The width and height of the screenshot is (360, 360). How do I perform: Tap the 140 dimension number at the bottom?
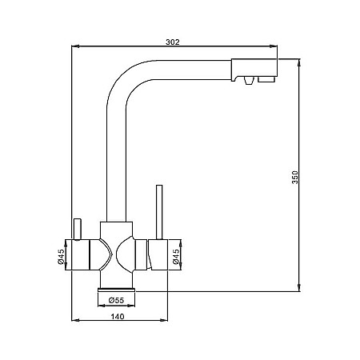(x=118, y=316)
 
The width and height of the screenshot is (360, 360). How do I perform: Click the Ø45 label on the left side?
(x=62, y=257)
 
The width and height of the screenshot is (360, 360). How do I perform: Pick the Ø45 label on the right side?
(x=174, y=257)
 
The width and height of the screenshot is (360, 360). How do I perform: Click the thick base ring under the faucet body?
(x=117, y=288)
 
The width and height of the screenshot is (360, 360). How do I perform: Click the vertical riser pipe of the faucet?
(x=116, y=160)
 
